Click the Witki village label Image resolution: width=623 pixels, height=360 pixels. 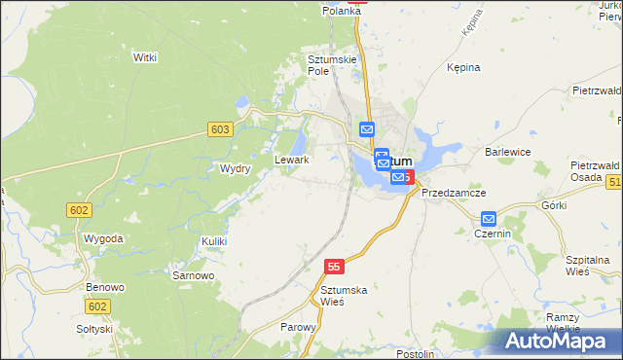click(145, 57)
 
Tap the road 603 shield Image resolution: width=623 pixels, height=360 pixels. click(220, 129)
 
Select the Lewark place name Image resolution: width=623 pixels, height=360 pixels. click(292, 160)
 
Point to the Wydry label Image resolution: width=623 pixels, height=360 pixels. click(236, 168)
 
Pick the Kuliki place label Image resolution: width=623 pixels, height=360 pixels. click(214, 240)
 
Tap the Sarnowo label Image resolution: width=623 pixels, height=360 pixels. click(193, 275)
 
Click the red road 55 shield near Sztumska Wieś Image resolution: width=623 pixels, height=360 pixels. click(335, 267)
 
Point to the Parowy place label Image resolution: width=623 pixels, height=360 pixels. click(298, 328)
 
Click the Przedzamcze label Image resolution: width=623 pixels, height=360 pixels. click(454, 193)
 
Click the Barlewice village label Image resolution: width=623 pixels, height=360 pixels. click(507, 152)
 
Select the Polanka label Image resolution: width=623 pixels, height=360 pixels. click(343, 10)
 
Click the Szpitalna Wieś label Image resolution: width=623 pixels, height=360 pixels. click(587, 267)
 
